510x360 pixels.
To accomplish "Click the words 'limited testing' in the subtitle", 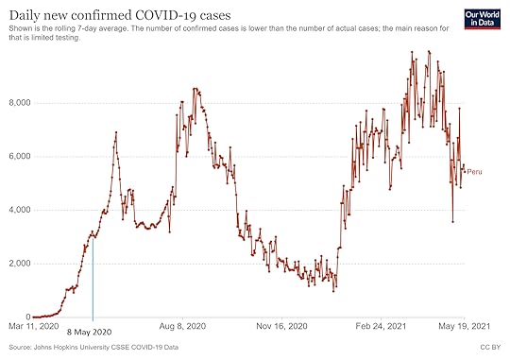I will point(63,39).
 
